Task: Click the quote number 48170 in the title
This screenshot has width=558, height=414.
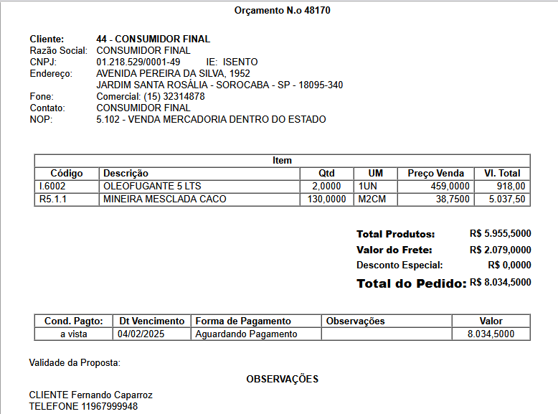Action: pos(317,11)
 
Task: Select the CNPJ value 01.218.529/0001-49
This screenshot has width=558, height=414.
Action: pos(138,62)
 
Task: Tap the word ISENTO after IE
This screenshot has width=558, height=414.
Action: pos(240,62)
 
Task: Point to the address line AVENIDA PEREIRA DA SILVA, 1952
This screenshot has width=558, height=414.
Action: pos(173,73)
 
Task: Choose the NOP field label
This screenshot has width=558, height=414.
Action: pos(41,119)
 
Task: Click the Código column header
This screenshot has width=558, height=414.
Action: pos(67,173)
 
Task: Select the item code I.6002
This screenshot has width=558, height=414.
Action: pos(52,186)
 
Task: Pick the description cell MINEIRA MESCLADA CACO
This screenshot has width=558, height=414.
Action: pos(164,199)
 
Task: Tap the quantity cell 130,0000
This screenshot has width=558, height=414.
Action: pos(326,199)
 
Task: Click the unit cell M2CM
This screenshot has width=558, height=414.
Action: pos(372,199)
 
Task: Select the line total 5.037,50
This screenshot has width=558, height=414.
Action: pos(506,199)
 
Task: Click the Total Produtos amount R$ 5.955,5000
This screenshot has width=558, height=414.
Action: pos(500,234)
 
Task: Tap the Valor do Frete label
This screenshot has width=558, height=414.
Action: pos(394,250)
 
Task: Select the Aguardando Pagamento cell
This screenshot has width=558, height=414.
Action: pos(246,334)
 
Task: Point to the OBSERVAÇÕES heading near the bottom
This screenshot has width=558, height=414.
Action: pos(282,379)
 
